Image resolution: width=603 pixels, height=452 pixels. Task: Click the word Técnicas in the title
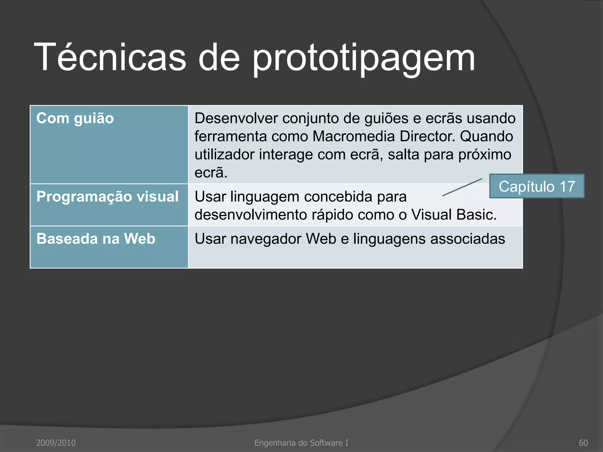coord(110,57)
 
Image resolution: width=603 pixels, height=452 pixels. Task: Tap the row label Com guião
coord(75,119)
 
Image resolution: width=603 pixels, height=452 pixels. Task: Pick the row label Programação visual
coord(107,197)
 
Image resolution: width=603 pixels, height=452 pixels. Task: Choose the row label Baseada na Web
coord(96,239)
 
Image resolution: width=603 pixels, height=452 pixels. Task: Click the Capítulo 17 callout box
coord(537,186)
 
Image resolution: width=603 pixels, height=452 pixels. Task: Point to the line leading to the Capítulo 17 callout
coord(462,187)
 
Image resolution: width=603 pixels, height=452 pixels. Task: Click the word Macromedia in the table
coord(353,137)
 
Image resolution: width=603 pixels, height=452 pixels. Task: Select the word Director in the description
coord(427,137)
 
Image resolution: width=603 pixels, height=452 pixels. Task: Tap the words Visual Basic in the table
coord(453,215)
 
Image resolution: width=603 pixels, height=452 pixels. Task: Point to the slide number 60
coord(583,443)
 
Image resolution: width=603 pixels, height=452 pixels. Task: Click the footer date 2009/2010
coord(56,443)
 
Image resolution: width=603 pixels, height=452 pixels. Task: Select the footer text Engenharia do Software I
coord(301,443)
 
